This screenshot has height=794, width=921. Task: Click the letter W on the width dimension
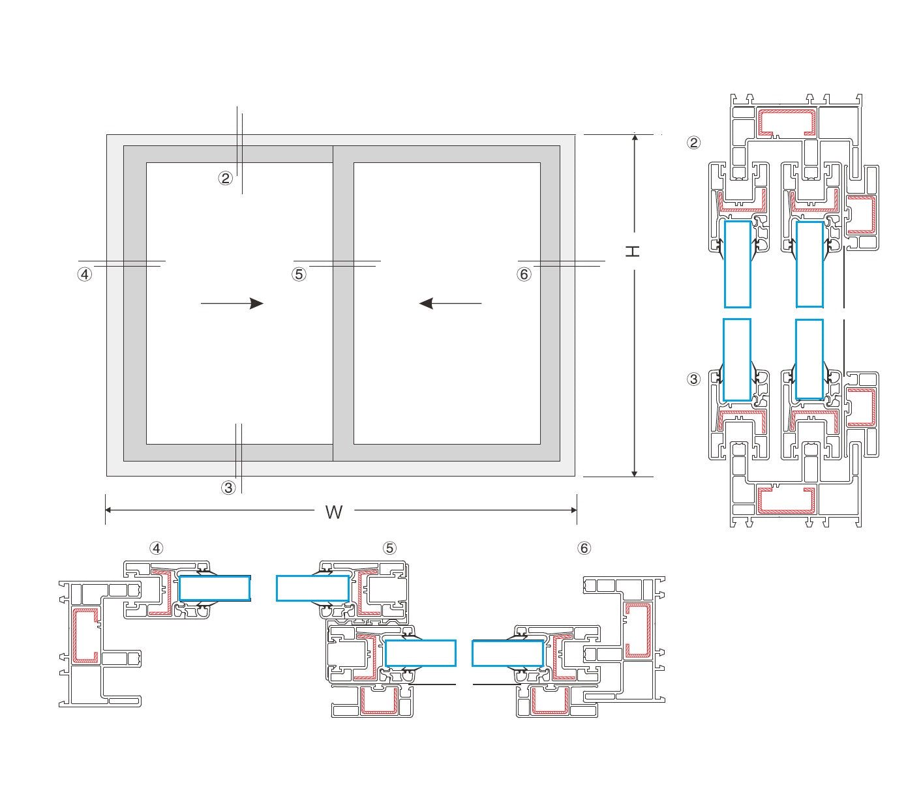333,512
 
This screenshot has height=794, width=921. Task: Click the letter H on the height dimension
633,251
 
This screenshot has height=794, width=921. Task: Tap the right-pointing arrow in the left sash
232,303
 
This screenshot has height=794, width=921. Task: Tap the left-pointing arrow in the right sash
450,303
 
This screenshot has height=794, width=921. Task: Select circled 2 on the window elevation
225,178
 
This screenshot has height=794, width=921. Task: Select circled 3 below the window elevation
228,488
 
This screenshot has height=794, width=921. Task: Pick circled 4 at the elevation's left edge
84,274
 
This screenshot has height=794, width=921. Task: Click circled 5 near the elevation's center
299,274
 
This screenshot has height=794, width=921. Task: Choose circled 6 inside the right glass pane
524,274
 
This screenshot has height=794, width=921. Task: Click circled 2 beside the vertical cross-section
694,142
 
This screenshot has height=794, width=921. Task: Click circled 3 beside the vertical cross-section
694,379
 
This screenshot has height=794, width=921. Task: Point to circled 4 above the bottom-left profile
156,548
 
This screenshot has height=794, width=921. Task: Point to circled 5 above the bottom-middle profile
389,548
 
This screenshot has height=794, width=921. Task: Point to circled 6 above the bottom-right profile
584,548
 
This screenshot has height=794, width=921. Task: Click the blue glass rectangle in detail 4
215,588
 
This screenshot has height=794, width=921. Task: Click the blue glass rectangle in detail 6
507,653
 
